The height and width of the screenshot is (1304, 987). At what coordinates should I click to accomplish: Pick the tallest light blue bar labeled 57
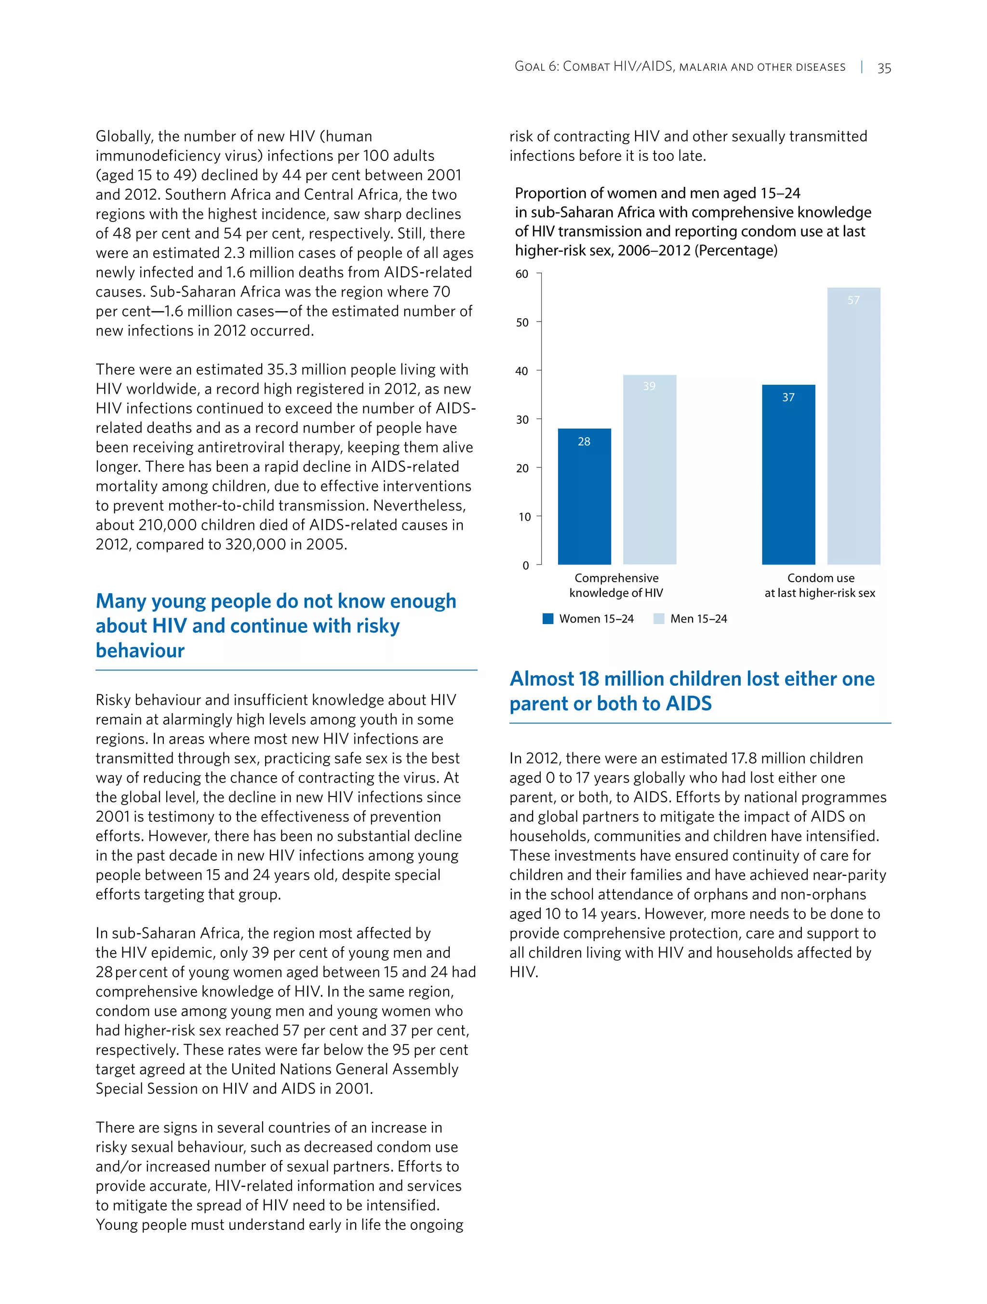click(853, 426)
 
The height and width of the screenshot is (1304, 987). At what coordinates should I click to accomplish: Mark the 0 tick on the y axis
click(526, 565)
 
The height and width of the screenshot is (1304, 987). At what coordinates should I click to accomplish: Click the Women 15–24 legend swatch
click(548, 618)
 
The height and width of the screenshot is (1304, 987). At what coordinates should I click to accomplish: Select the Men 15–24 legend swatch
click(659, 618)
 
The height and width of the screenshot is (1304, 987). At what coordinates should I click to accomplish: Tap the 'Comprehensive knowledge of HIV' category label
click(616, 586)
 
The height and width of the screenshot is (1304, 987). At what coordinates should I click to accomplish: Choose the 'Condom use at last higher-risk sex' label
click(820, 586)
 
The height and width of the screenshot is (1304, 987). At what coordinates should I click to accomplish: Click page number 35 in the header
click(884, 68)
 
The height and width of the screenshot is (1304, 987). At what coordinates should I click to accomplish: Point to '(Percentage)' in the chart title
click(736, 250)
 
